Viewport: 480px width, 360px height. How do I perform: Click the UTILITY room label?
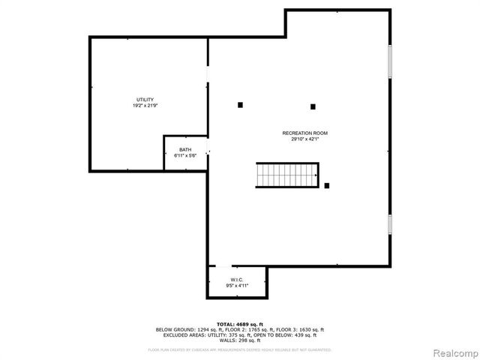tap(145, 100)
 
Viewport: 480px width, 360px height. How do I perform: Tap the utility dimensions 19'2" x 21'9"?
tap(145, 106)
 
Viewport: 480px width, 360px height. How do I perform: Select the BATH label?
tap(184, 150)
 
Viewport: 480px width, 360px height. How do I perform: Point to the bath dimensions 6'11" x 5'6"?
tap(184, 156)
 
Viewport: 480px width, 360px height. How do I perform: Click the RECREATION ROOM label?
tap(304, 133)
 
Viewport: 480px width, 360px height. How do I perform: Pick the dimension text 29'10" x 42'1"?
tap(304, 139)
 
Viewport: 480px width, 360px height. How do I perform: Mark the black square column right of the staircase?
tap(327, 185)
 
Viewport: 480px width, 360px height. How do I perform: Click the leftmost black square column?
tap(240, 105)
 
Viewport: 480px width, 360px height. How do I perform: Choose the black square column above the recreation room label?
tap(313, 106)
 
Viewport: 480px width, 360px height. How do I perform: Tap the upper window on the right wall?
tap(389, 61)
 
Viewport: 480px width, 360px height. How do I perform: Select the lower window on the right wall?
tap(389, 223)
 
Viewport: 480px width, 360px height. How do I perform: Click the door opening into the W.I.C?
tap(223, 265)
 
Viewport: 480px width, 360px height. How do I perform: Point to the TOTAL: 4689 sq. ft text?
tap(239, 323)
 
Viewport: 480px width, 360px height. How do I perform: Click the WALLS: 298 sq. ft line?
tap(239, 340)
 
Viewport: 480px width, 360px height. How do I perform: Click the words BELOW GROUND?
tap(175, 329)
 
